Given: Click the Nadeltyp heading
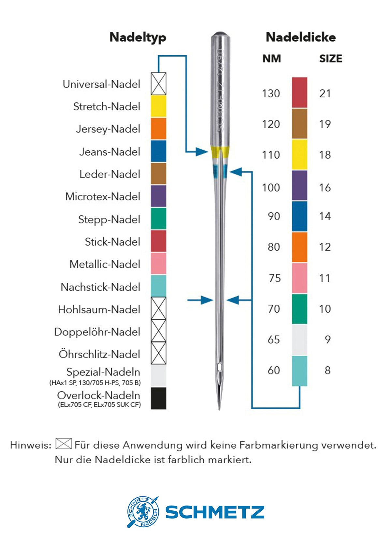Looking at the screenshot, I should point(138,37).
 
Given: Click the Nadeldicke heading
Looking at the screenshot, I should point(300,37).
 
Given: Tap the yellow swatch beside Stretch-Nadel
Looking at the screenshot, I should point(159,106).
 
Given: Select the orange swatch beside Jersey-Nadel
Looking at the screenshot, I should point(159,129).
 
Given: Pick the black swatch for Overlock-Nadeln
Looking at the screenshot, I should point(159,398).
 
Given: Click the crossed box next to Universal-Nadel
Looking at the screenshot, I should point(159,84).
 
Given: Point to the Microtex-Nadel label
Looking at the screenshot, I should point(103,196).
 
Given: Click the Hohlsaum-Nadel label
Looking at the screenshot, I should point(99,309).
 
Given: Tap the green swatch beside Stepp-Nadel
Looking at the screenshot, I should point(159,219).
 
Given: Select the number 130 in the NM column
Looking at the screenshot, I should point(271,94).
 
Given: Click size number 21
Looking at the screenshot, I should point(325,94).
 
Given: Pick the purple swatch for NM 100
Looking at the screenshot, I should point(299,185).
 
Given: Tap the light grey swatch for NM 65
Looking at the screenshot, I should point(299,340).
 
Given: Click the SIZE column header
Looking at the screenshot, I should point(330,59).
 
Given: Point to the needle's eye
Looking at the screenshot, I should point(220,367).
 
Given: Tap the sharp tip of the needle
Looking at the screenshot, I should point(219,408).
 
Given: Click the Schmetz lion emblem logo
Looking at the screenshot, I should point(143,512).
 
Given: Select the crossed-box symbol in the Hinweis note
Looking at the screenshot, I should point(64,444).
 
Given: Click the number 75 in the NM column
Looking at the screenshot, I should point(275,278).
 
